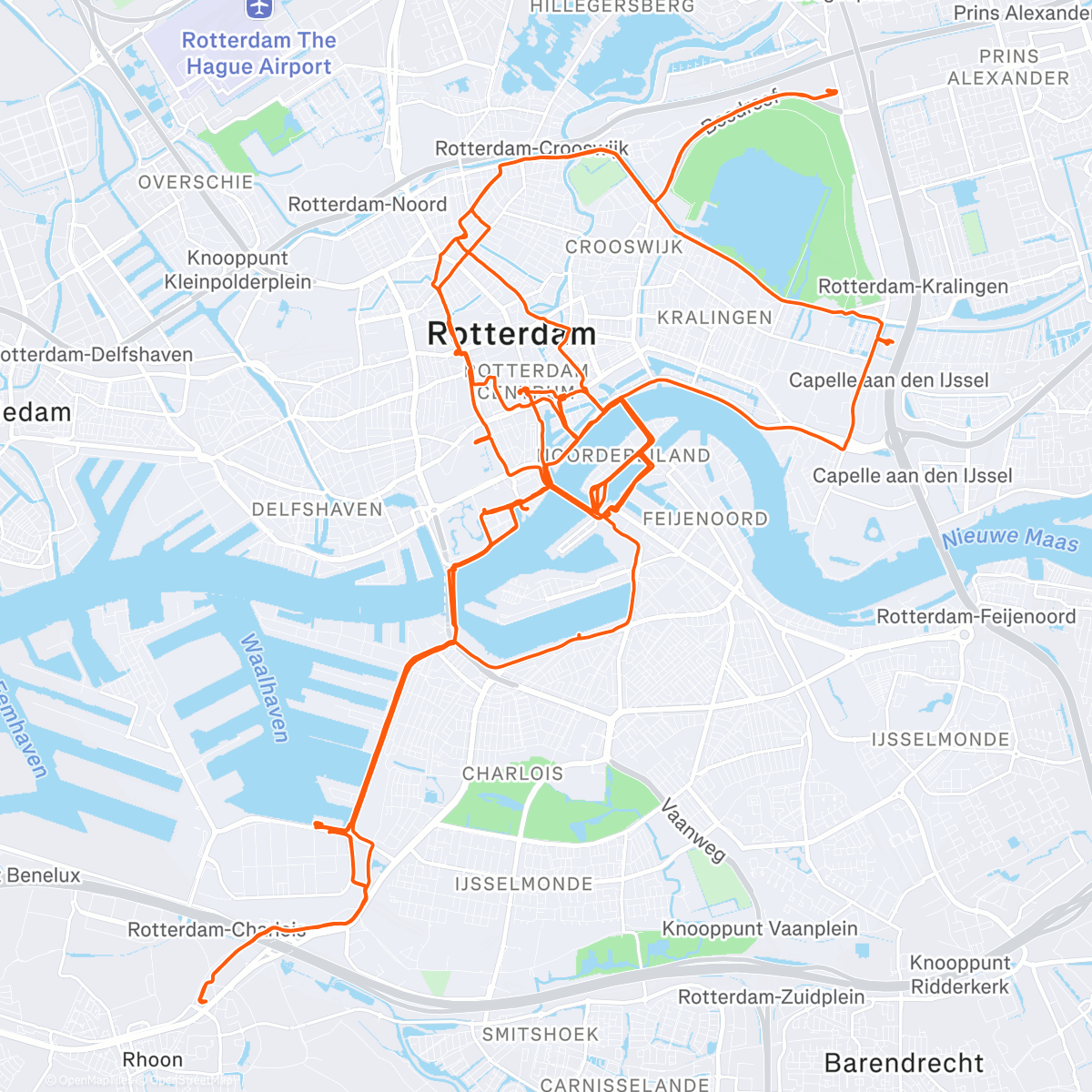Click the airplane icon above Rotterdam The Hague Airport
[x=259, y=8]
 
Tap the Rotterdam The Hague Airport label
[x=259, y=54]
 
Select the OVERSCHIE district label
[x=196, y=182]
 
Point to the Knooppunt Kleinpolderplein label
[x=238, y=270]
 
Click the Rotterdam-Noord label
[x=368, y=205]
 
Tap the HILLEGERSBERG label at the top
[x=612, y=7]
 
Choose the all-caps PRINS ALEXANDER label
[x=1008, y=67]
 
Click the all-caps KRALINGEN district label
[x=714, y=318]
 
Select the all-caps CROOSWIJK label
[x=623, y=248]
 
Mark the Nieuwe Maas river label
[x=1010, y=539]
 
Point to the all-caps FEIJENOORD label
[x=705, y=519]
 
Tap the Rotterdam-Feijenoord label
[x=976, y=617]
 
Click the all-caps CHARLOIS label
[x=512, y=773]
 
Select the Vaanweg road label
[x=693, y=830]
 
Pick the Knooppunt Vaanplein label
[x=760, y=929]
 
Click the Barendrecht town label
[x=904, y=1063]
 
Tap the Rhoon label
[x=153, y=1060]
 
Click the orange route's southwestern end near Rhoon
[x=201, y=1002]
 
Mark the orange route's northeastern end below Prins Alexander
[x=835, y=92]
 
